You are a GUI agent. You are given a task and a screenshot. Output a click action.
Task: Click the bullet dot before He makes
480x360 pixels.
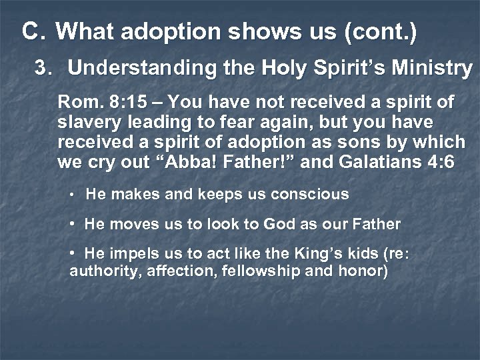click(x=72, y=195)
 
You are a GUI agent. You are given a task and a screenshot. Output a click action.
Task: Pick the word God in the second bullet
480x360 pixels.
click(x=279, y=225)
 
